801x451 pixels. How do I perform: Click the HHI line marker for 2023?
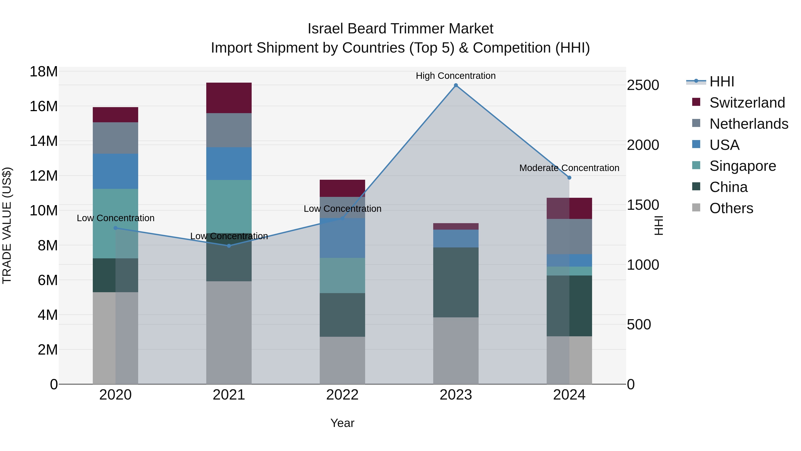point(456,85)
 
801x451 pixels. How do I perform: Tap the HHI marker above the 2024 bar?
point(569,178)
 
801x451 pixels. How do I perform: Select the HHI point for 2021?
point(229,246)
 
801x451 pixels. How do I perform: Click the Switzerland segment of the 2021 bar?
point(229,98)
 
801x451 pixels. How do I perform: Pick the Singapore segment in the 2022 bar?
point(342,275)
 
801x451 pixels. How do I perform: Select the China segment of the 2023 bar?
point(456,282)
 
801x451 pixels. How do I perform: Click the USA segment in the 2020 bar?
point(115,171)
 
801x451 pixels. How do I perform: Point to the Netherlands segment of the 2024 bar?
point(569,237)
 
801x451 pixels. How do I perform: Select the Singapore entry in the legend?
point(742,166)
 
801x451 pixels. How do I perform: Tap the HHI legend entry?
point(721,82)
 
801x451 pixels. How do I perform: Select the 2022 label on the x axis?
point(342,395)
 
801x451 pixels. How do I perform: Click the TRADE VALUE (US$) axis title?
point(7,225)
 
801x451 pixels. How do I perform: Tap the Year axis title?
point(342,423)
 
